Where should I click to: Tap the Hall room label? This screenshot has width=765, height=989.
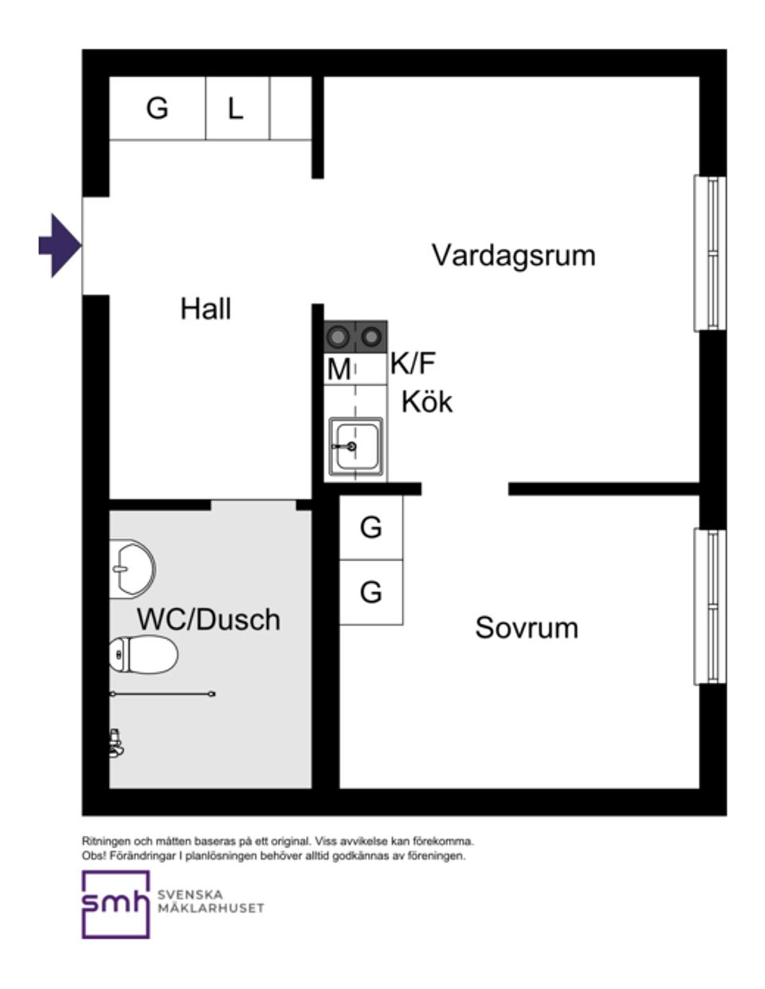pyautogui.click(x=206, y=308)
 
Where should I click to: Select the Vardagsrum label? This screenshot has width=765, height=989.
pyautogui.click(x=513, y=255)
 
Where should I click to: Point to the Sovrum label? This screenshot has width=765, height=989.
pyautogui.click(x=526, y=627)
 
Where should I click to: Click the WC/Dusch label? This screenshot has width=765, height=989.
pyautogui.click(x=209, y=619)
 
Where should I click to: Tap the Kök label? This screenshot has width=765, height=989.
pyautogui.click(x=426, y=401)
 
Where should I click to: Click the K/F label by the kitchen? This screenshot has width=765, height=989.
pyautogui.click(x=413, y=364)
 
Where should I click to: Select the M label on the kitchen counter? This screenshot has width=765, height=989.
pyautogui.click(x=339, y=370)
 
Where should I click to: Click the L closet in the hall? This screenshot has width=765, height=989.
pyautogui.click(x=235, y=108)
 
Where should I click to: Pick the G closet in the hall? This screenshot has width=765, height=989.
pyautogui.click(x=157, y=108)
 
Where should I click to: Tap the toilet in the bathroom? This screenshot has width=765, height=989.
pyautogui.click(x=143, y=655)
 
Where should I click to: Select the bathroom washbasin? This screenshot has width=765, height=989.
pyautogui.click(x=131, y=568)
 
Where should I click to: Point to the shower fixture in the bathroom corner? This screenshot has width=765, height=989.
pyautogui.click(x=116, y=742)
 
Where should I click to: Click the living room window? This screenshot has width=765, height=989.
pyautogui.click(x=709, y=253)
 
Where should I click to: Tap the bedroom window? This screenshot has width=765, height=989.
pyautogui.click(x=709, y=606)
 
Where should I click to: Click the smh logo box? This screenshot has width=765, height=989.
pyautogui.click(x=116, y=904)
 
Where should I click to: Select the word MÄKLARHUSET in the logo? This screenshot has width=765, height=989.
pyautogui.click(x=210, y=908)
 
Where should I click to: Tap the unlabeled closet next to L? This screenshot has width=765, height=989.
pyautogui.click(x=290, y=108)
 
